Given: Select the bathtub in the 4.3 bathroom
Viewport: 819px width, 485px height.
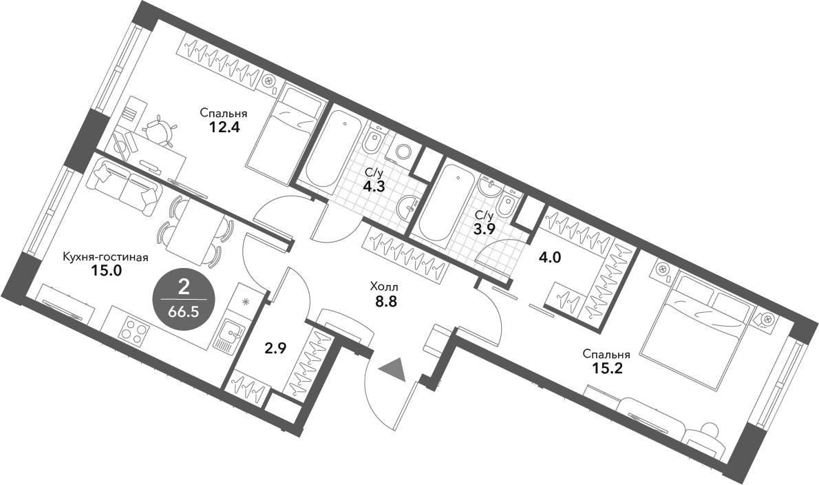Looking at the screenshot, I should pyautogui.click(x=334, y=148).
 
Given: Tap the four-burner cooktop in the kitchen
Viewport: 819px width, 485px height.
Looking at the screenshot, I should pyautogui.click(x=134, y=333).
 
